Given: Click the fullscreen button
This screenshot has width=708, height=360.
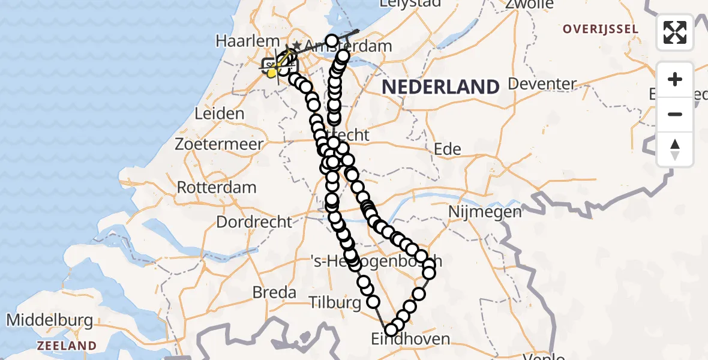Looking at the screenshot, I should pyautogui.click(x=675, y=32).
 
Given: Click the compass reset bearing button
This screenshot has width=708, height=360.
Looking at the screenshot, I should pyautogui.click(x=675, y=149).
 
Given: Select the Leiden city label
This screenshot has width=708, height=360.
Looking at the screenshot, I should pyautogui.click(x=218, y=113).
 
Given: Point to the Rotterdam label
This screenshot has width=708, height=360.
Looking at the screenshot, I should pyautogui.click(x=217, y=187).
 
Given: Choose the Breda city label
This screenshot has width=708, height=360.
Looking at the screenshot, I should pyautogui.click(x=275, y=292).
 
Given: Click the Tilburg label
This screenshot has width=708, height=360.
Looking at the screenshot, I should pyautogui.click(x=335, y=302).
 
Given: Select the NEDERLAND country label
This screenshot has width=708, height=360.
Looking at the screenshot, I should pyautogui.click(x=440, y=87).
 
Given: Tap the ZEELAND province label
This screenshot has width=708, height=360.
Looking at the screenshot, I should pyautogui.click(x=67, y=346).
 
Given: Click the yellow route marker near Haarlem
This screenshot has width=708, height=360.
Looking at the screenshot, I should pyautogui.click(x=272, y=73).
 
